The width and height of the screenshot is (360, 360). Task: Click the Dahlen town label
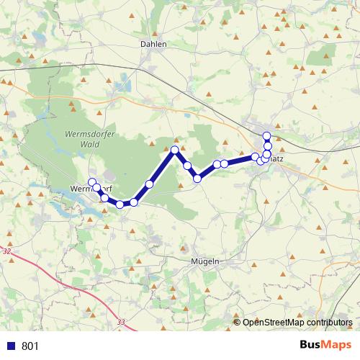153,44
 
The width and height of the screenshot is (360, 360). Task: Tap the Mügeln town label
204,261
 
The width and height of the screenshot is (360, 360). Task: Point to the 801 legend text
30,346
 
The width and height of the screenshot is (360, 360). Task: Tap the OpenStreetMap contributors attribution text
297,323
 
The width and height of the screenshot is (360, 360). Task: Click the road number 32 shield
7,251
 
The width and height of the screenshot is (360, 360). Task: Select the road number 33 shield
120,323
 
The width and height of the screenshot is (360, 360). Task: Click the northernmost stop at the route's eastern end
266,136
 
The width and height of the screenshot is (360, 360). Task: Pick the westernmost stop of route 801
91,181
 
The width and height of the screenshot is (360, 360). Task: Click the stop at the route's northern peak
174,150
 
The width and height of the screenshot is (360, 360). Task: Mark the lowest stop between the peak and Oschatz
197,178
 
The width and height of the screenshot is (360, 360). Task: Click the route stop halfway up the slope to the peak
149,184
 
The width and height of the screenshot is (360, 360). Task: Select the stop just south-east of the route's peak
187,166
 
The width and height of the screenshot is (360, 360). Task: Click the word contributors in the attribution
328,323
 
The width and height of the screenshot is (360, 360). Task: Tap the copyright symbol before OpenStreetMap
238,323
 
